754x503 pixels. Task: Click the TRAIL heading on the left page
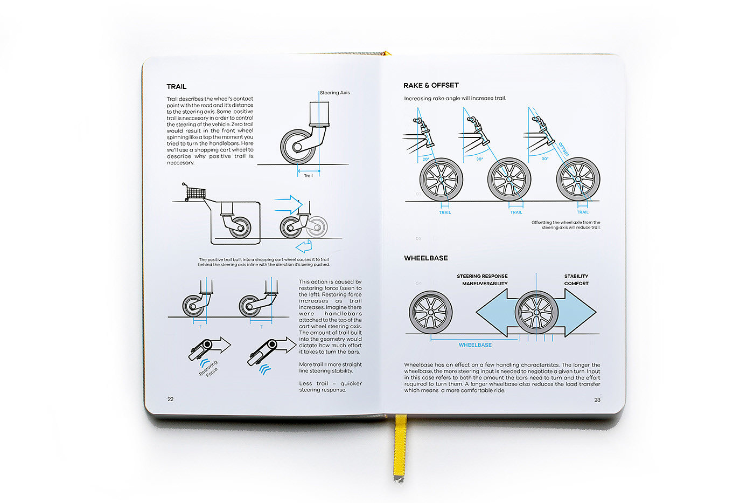(x=177, y=87)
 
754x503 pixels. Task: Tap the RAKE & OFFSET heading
(x=431, y=85)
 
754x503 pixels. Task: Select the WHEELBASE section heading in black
(x=426, y=258)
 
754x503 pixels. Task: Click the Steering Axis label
(x=335, y=93)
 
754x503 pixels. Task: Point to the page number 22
(x=171, y=399)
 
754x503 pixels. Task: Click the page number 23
(x=597, y=400)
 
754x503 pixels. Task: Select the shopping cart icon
(x=194, y=191)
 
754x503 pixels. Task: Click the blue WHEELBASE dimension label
(x=475, y=345)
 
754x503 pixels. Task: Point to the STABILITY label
(x=576, y=276)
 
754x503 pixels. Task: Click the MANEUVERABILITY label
(x=485, y=284)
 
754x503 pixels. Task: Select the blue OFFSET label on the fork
(x=564, y=149)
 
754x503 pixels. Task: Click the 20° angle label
(x=426, y=159)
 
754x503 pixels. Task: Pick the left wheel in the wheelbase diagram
(x=430, y=313)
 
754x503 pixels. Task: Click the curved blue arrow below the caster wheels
(x=305, y=247)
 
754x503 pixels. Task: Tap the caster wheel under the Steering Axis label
(x=298, y=146)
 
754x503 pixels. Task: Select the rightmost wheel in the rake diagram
(x=578, y=179)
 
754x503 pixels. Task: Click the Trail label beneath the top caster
(x=308, y=176)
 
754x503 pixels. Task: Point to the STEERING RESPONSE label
(x=482, y=276)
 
